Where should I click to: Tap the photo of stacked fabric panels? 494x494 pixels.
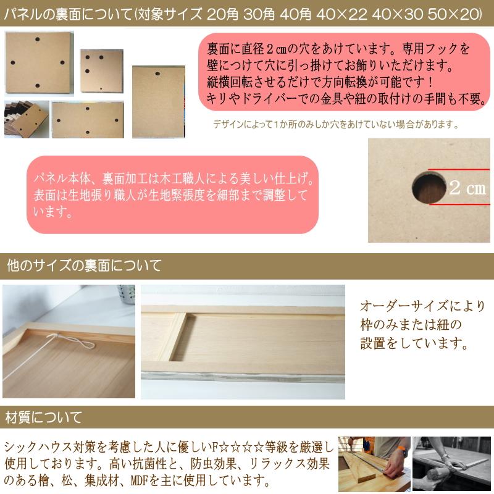[x=26, y=119]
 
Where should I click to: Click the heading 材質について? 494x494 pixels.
[x=43, y=417]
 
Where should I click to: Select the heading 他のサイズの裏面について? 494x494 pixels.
[x=84, y=266]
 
